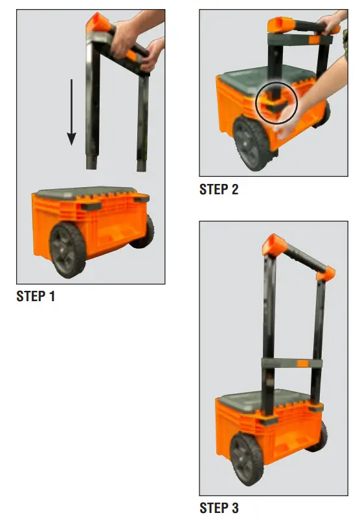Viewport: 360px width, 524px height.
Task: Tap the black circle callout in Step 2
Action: click(x=276, y=102)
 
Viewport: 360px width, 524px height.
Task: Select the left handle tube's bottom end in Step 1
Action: click(x=91, y=163)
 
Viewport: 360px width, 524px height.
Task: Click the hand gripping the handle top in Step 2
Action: click(x=330, y=25)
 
